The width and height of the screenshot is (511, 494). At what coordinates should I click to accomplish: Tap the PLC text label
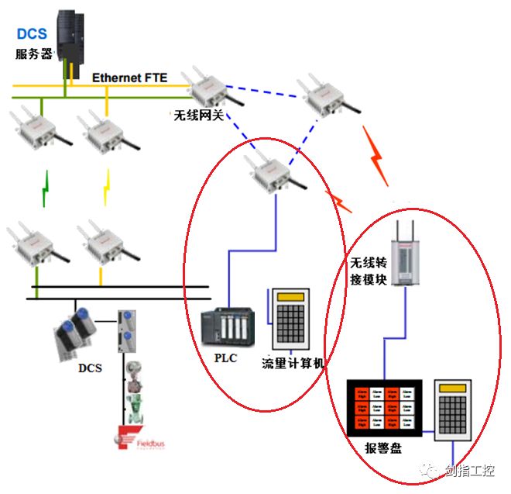click(x=225, y=359)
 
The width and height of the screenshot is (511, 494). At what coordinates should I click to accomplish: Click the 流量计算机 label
click(x=293, y=362)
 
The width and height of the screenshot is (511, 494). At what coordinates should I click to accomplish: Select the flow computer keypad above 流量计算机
click(x=290, y=320)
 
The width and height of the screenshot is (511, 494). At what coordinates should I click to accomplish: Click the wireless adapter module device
click(x=405, y=252)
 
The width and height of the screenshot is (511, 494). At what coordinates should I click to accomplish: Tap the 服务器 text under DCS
click(x=33, y=54)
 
